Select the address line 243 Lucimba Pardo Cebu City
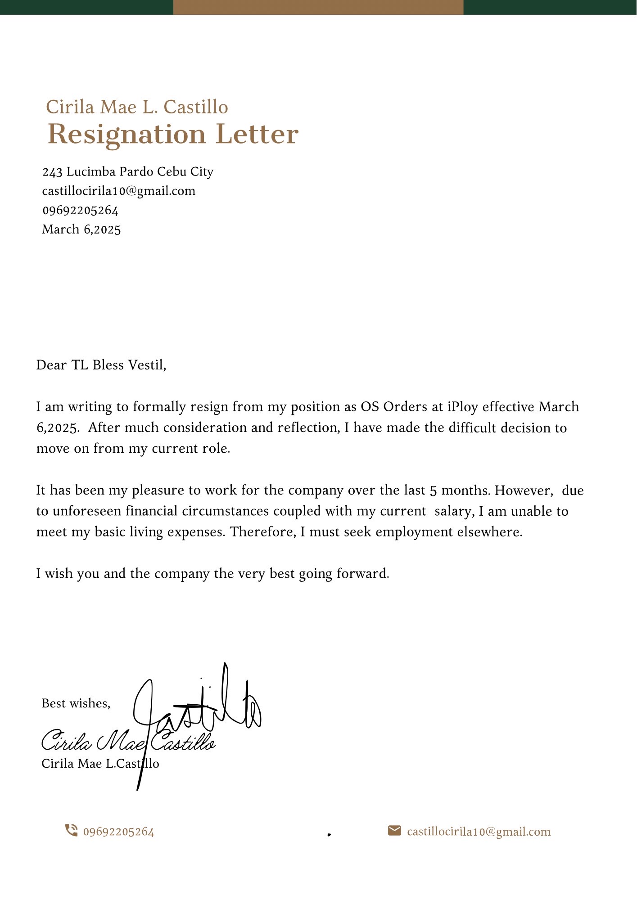[x=127, y=172]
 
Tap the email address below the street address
[x=119, y=191]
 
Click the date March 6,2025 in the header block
[x=81, y=229]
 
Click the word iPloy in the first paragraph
[x=462, y=407]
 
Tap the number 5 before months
[x=433, y=490]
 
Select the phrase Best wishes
[x=76, y=703]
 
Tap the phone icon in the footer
[x=71, y=830]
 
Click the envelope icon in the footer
[x=394, y=831]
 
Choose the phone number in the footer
[x=119, y=832]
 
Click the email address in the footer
[x=479, y=832]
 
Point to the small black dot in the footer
[x=329, y=834]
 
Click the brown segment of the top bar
[x=318, y=7]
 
